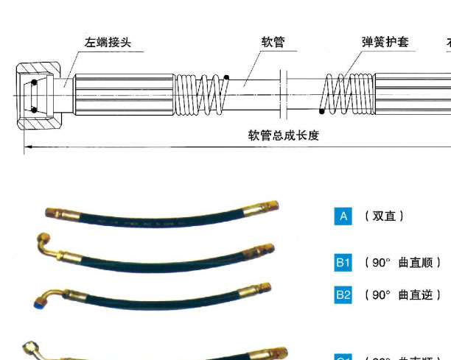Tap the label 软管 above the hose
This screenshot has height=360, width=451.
click(x=273, y=42)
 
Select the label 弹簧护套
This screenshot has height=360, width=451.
click(x=385, y=42)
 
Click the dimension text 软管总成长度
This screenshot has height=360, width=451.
click(x=283, y=135)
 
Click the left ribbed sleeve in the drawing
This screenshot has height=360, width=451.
click(x=124, y=94)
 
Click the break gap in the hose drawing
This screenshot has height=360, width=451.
click(x=286, y=94)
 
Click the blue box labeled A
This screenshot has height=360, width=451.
click(x=343, y=216)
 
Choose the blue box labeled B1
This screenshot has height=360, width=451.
click(x=343, y=262)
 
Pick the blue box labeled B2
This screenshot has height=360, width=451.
click(x=343, y=294)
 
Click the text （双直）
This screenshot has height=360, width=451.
click(x=384, y=216)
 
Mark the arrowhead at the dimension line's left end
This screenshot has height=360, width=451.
click(x=28, y=147)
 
